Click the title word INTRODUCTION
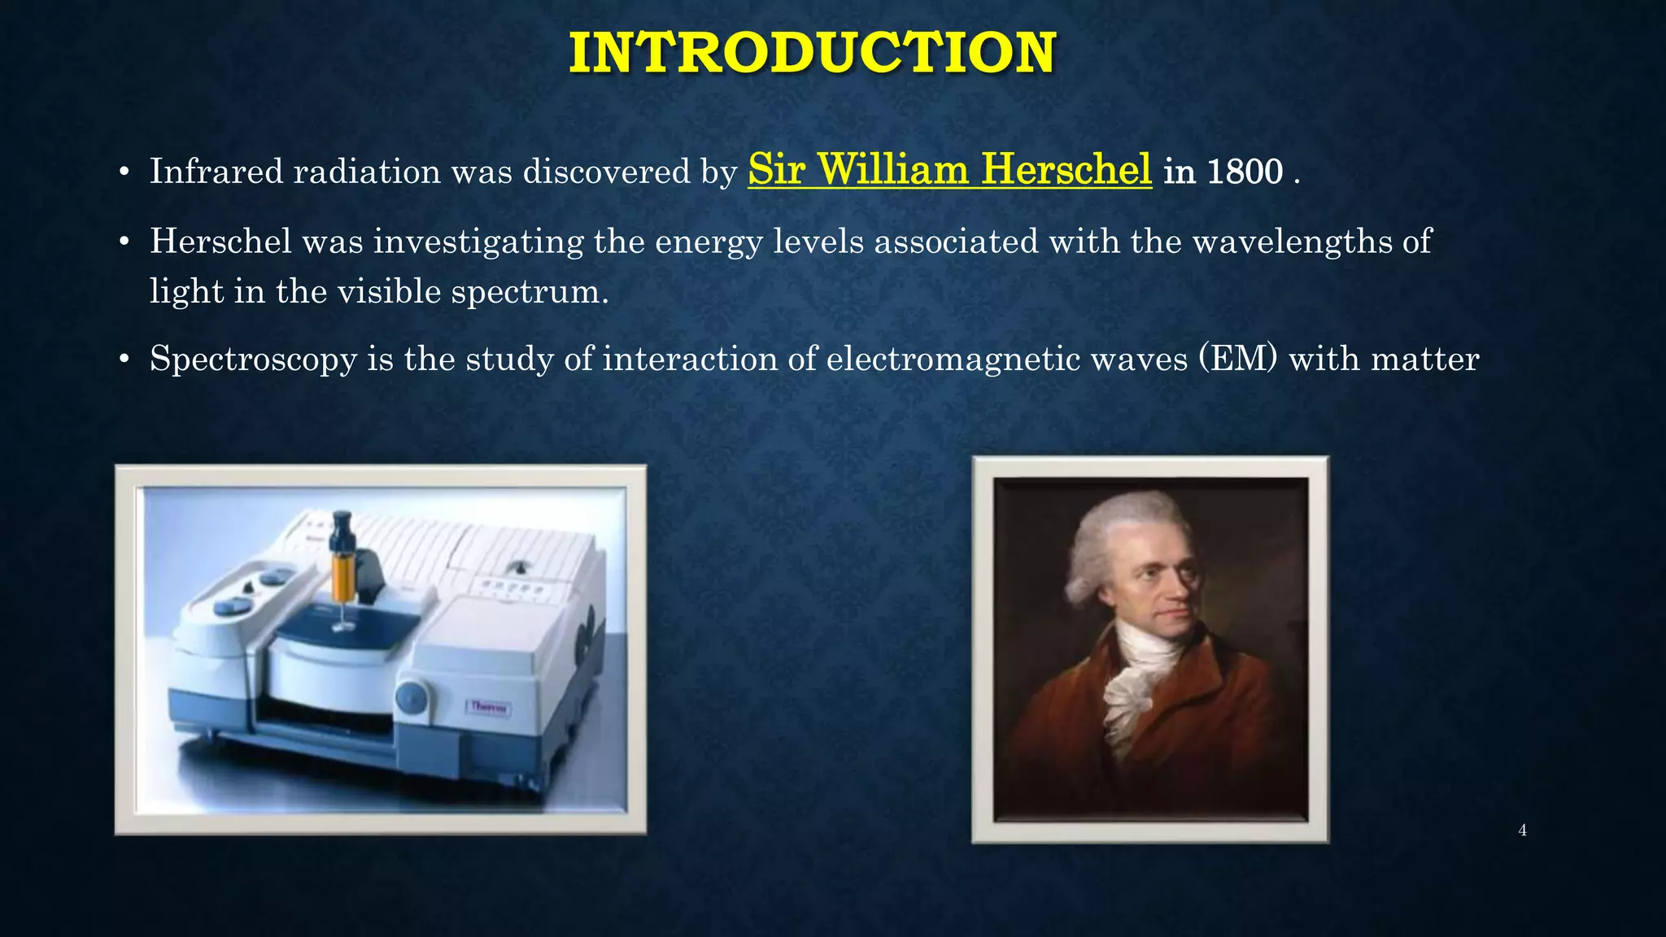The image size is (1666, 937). tap(812, 53)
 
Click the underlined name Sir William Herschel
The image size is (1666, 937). tap(949, 169)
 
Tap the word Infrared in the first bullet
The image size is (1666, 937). tap(216, 172)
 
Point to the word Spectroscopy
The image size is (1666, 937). tap(253, 360)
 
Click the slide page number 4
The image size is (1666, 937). tap(1522, 830)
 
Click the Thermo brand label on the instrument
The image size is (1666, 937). tap(489, 707)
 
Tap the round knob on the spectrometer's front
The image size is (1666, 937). tap(412, 697)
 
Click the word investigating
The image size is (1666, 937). tap(478, 242)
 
